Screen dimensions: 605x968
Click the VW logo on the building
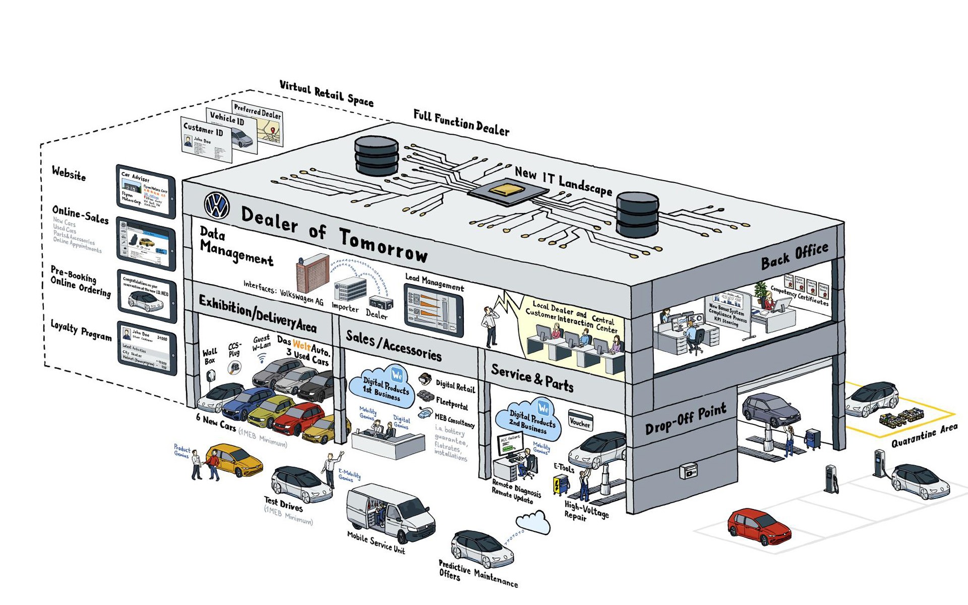tap(217, 206)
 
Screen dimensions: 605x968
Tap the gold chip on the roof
tap(509, 190)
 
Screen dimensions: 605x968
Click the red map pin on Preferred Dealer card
tap(273, 131)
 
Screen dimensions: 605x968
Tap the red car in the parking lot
tap(759, 526)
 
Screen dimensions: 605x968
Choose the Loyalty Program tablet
tap(147, 348)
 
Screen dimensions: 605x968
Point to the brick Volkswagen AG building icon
tap(312, 273)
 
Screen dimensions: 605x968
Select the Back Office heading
tap(795, 256)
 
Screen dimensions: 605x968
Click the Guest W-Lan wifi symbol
tap(262, 359)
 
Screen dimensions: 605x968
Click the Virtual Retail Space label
tap(326, 93)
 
